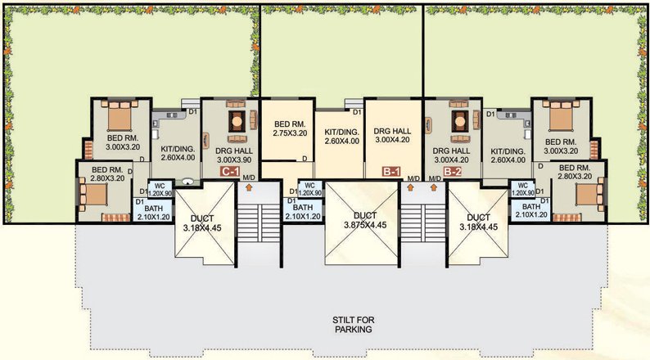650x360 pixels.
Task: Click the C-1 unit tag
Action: click(x=230, y=173)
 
